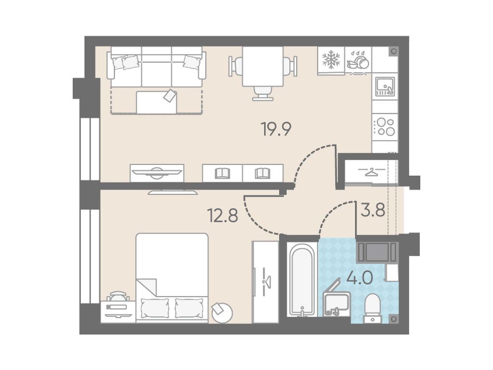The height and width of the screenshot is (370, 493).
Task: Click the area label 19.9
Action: tap(277, 129)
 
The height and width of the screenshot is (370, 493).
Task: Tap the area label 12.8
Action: tap(222, 216)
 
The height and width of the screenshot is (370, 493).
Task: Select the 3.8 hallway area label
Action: tap(373, 209)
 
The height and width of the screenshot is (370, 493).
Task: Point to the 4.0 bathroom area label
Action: tap(360, 278)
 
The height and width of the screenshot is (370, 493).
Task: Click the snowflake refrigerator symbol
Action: tap(331, 60)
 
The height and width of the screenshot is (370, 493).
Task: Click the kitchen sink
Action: tap(385, 86)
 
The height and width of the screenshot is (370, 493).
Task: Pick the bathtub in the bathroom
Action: tap(301, 279)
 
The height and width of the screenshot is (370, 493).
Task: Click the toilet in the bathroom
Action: tap(373, 309)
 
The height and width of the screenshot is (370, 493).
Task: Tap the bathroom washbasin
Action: tap(337, 303)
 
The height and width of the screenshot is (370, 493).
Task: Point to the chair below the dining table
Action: tap(262, 93)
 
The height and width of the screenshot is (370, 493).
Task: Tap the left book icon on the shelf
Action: tap(222, 173)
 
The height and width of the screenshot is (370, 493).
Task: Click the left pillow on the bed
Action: tap(155, 308)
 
